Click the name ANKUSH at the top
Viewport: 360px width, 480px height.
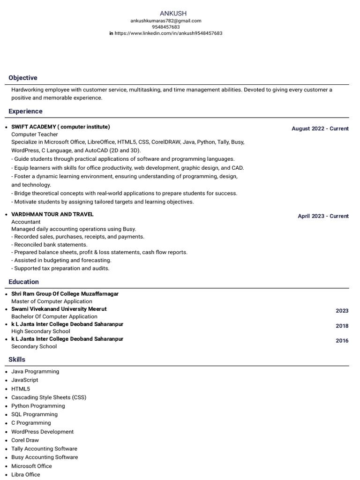173,14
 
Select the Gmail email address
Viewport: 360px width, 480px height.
166,21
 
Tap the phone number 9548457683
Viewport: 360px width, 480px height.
166,27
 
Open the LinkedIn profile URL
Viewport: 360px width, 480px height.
168,33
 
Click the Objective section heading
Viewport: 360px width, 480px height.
23,78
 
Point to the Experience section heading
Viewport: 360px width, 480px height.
25,112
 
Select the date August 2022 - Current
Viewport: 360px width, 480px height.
320,128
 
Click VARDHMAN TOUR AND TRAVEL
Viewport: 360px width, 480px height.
52,214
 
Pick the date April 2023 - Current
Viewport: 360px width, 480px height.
323,216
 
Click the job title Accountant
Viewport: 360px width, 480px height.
26,222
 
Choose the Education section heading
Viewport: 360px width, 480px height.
23,282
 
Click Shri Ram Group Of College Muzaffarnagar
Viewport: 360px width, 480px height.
65,294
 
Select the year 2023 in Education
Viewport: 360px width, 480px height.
342,311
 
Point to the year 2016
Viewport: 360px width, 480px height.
342,341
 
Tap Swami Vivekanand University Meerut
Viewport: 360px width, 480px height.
59,309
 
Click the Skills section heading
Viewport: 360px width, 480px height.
17,360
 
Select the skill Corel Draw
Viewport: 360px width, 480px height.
25,440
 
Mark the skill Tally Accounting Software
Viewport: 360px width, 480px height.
44,449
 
